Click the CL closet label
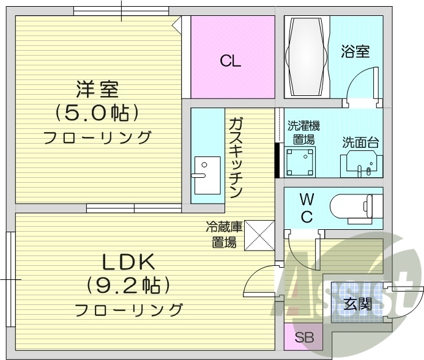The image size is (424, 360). (231, 61)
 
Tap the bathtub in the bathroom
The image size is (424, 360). (307, 56)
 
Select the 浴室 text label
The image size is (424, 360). (355, 51)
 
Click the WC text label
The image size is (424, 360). (307, 208)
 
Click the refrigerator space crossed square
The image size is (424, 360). (258, 235)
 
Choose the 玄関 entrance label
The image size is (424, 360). (357, 303)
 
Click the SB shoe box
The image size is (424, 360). (302, 338)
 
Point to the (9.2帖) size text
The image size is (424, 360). (127, 285)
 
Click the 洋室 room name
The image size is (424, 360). (97, 89)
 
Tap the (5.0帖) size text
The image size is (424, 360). (97, 112)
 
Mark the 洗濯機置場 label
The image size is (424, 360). (303, 133)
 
